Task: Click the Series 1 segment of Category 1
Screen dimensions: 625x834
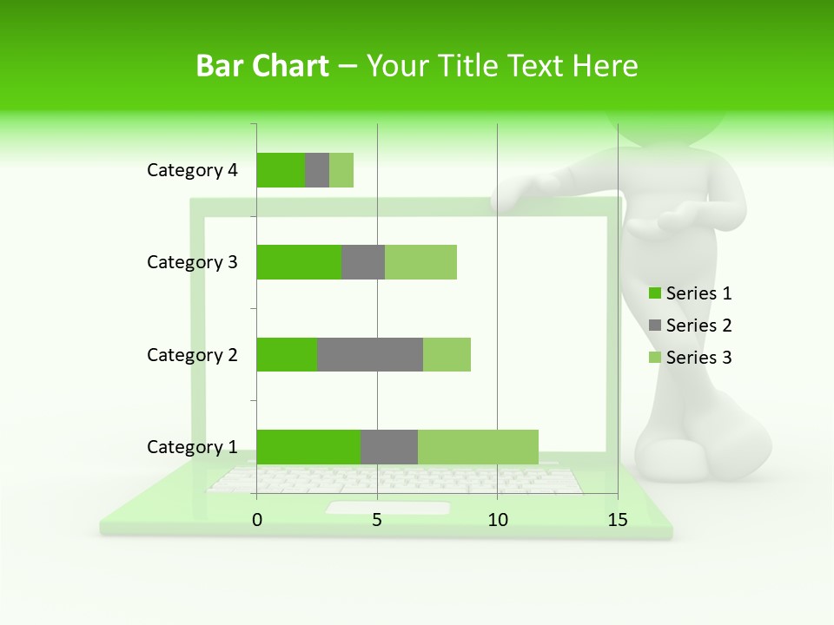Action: (308, 446)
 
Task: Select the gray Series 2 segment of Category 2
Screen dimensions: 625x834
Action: (370, 354)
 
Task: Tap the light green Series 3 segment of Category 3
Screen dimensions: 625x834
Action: (420, 262)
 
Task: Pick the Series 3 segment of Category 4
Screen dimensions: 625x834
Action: (341, 170)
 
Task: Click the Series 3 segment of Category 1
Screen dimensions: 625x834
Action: (478, 446)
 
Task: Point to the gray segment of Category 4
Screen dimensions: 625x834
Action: (317, 170)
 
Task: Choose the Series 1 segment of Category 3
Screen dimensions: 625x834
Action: (299, 262)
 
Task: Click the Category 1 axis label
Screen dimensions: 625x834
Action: (192, 447)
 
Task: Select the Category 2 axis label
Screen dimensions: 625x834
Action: (192, 354)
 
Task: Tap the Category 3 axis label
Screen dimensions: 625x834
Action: (192, 262)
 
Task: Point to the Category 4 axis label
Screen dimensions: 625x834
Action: (192, 170)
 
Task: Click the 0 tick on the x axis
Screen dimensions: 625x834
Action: (257, 520)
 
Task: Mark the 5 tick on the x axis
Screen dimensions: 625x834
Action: (377, 520)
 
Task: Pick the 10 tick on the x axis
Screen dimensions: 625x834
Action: (497, 520)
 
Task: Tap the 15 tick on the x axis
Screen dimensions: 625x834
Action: (617, 520)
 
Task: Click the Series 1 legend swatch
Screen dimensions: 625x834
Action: (654, 293)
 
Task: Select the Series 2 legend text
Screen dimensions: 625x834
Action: (698, 326)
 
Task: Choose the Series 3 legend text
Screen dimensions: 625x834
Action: (698, 358)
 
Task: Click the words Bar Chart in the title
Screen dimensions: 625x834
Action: (262, 66)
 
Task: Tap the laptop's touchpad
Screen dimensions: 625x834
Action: (388, 508)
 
